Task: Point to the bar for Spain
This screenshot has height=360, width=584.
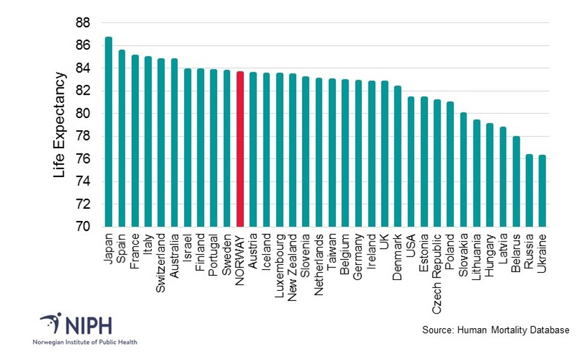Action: point(122,138)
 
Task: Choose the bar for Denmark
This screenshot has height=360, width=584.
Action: point(397,156)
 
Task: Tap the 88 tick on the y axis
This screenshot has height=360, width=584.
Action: point(82,23)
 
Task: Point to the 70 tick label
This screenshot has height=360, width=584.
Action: point(82,227)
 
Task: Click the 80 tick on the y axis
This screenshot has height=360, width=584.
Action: point(82,114)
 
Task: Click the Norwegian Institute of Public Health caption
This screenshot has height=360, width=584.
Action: point(84,342)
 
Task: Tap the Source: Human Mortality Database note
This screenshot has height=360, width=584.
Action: point(495,330)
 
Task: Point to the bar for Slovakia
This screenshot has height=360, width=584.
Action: point(464,169)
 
